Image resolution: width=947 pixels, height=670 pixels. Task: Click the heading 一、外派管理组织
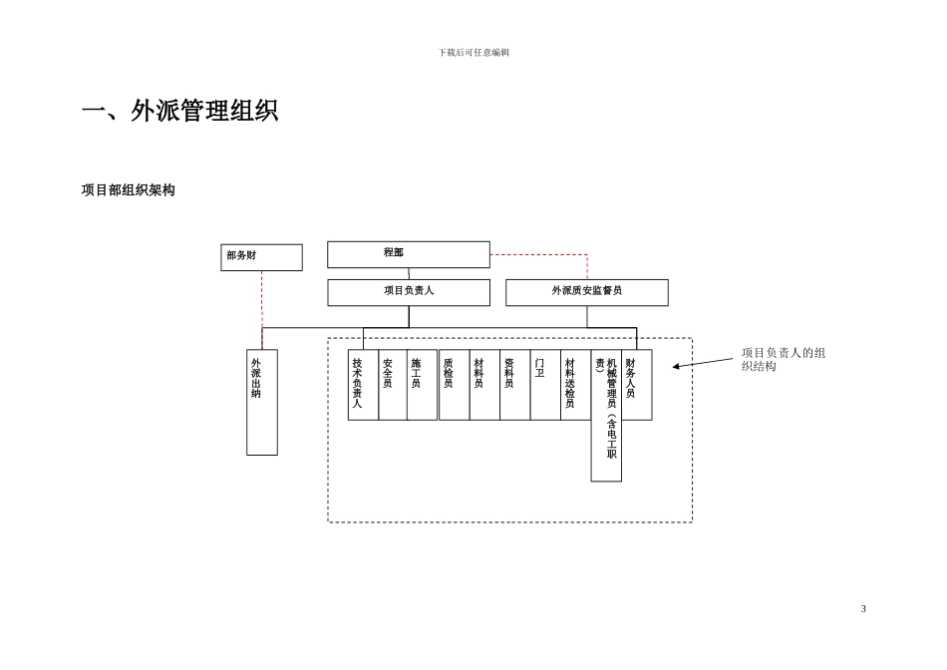pyautogui.click(x=179, y=111)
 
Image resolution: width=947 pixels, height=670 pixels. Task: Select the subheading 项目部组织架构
pyautogui.click(x=128, y=190)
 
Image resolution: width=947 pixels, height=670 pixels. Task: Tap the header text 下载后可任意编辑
pyautogui.click(x=473, y=53)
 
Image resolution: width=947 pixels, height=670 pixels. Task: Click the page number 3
pyautogui.click(x=863, y=608)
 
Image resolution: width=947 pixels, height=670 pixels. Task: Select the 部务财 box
pyautogui.click(x=261, y=257)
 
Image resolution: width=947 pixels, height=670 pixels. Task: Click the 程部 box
pyautogui.click(x=409, y=254)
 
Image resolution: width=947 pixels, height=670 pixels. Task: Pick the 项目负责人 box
pyautogui.click(x=409, y=292)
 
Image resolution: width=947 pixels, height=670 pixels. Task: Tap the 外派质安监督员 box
pyautogui.click(x=587, y=292)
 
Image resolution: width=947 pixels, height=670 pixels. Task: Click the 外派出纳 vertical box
pyautogui.click(x=262, y=402)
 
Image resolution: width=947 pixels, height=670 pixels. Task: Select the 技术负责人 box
pyautogui.click(x=363, y=384)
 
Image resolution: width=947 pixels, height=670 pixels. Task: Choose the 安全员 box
pyautogui.click(x=393, y=384)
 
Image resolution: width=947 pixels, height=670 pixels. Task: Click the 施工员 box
pyautogui.click(x=422, y=384)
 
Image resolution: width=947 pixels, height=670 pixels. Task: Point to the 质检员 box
pyautogui.click(x=454, y=384)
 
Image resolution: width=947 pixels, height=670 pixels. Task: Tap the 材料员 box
pyautogui.click(x=484, y=384)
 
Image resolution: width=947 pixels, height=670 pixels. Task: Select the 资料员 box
pyautogui.click(x=514, y=384)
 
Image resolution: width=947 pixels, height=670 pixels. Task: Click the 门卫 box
pyautogui.click(x=545, y=384)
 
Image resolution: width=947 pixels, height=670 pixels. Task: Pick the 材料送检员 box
pyautogui.click(x=575, y=384)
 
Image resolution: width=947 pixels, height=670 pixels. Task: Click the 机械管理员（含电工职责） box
pyautogui.click(x=606, y=415)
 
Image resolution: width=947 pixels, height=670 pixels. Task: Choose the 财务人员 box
pyautogui.click(x=636, y=384)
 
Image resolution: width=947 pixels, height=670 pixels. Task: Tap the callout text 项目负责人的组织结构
pyautogui.click(x=784, y=359)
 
